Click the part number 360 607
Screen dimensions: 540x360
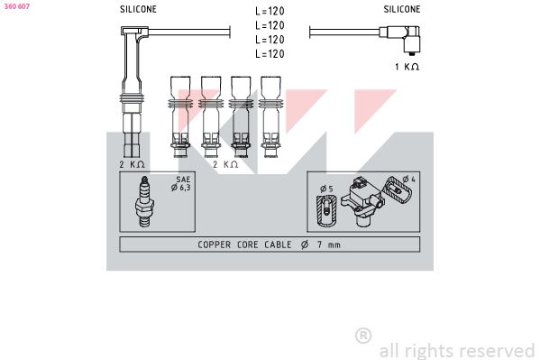[17, 6]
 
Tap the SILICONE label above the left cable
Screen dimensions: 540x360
[138, 9]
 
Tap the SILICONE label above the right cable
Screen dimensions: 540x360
[402, 9]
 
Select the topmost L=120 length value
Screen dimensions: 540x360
[270, 12]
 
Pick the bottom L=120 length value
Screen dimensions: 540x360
[270, 54]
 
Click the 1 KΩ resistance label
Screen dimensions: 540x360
[407, 67]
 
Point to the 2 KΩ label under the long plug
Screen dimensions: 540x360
[132, 164]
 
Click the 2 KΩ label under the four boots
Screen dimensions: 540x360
[225, 164]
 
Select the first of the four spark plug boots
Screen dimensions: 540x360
[180, 116]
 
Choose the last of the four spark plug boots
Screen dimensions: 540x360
[270, 116]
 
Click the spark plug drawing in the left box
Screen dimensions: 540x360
[144, 202]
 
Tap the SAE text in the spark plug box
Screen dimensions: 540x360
[183, 180]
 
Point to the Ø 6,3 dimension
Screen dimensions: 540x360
[181, 188]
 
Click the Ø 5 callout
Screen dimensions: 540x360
[326, 189]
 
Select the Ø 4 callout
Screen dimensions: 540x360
[409, 179]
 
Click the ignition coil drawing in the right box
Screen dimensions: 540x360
[362, 202]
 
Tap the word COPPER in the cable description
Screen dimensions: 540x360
[215, 245]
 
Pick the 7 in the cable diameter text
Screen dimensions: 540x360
[320, 245]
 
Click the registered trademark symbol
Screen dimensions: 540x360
[363, 336]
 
